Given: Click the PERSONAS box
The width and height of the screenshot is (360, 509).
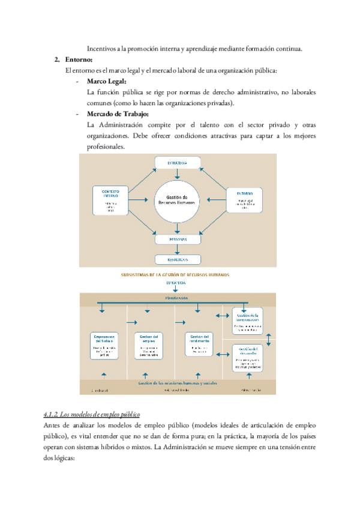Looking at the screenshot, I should [178, 239].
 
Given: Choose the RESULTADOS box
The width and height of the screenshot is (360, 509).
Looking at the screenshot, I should [178, 259].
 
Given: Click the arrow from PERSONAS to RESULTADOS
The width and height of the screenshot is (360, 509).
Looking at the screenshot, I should [178, 250].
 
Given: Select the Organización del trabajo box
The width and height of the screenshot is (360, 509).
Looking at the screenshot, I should [109, 345].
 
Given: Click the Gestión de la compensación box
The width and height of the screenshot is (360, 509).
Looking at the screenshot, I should [247, 321].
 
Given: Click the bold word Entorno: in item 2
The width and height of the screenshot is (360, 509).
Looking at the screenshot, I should [79, 59].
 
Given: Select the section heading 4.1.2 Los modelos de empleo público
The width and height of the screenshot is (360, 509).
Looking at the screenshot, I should [92, 414].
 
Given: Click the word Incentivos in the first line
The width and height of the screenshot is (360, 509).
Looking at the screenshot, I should [103, 48].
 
